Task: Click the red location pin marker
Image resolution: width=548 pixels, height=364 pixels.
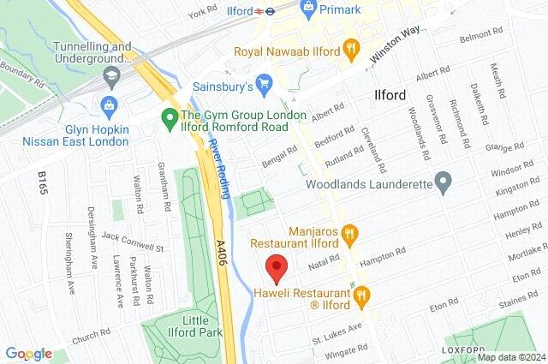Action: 275,268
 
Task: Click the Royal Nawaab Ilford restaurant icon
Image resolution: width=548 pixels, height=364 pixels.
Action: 349,47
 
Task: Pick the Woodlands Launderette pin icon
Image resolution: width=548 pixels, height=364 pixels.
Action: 443,181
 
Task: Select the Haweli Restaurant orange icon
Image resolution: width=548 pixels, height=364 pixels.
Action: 361,295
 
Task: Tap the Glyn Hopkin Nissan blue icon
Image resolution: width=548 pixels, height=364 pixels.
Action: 109,105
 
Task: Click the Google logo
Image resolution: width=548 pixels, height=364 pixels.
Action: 28,354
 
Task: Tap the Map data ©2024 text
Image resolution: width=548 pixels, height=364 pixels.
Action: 510,357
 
